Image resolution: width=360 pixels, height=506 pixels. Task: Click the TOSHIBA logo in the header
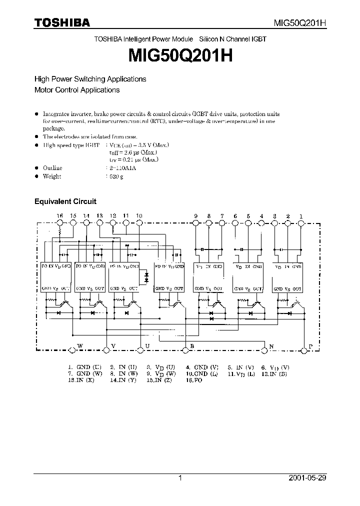click(62, 22)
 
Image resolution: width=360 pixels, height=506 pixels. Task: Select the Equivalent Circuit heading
click(65, 201)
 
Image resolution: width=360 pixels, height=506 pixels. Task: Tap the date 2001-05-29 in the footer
click(307, 478)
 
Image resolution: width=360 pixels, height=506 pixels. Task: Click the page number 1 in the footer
click(180, 478)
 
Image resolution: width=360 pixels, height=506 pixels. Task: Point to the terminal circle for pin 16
click(60, 223)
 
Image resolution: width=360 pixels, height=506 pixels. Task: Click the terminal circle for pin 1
click(301, 223)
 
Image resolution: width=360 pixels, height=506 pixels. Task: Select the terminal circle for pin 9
click(196, 223)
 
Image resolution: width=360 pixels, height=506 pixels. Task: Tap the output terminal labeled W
click(73, 349)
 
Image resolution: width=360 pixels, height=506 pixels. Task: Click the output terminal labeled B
click(186, 349)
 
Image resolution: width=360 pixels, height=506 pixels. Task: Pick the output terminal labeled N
click(264, 349)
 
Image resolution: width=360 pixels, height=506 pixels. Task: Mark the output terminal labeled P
click(304, 349)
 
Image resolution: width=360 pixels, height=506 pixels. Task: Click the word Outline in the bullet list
click(52, 168)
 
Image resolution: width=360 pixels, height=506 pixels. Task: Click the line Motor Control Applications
click(76, 90)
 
